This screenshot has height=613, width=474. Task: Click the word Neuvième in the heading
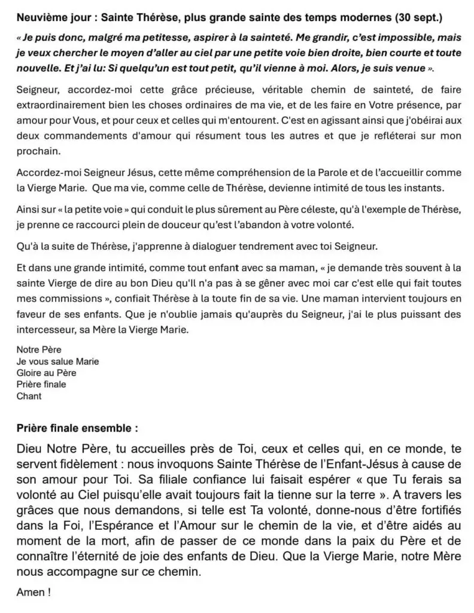[x=39, y=13]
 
